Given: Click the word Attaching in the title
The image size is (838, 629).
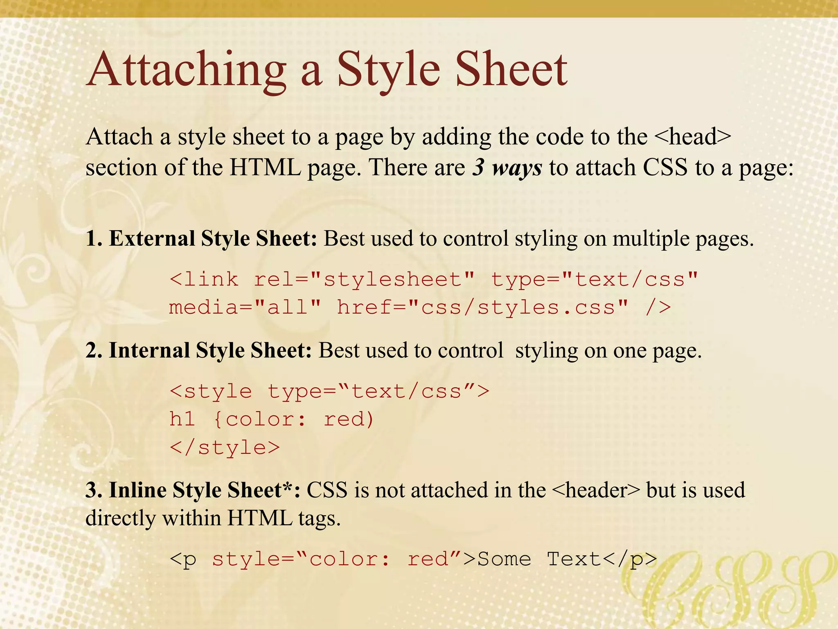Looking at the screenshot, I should pyautogui.click(x=187, y=70).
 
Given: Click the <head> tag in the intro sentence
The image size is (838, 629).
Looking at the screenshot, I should pyautogui.click(x=692, y=137).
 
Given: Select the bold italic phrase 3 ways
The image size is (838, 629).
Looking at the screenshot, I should pyautogui.click(x=507, y=168).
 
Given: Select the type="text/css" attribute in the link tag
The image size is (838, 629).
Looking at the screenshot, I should pyautogui.click(x=594, y=280).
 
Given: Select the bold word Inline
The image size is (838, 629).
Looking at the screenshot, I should pyautogui.click(x=137, y=491).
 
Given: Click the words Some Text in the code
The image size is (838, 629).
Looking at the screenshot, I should pyautogui.click(x=539, y=559).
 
